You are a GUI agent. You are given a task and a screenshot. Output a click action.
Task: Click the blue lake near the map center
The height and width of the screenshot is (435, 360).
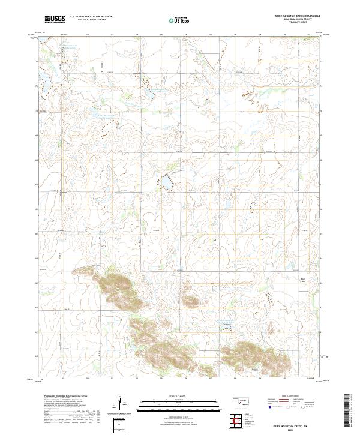164,182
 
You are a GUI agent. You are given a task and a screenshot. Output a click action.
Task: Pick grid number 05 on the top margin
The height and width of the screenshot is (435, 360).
161,35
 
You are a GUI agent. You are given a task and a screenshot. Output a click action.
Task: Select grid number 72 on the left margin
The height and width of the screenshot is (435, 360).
38,62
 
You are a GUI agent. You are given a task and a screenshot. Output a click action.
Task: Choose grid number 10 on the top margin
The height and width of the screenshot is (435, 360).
284,35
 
